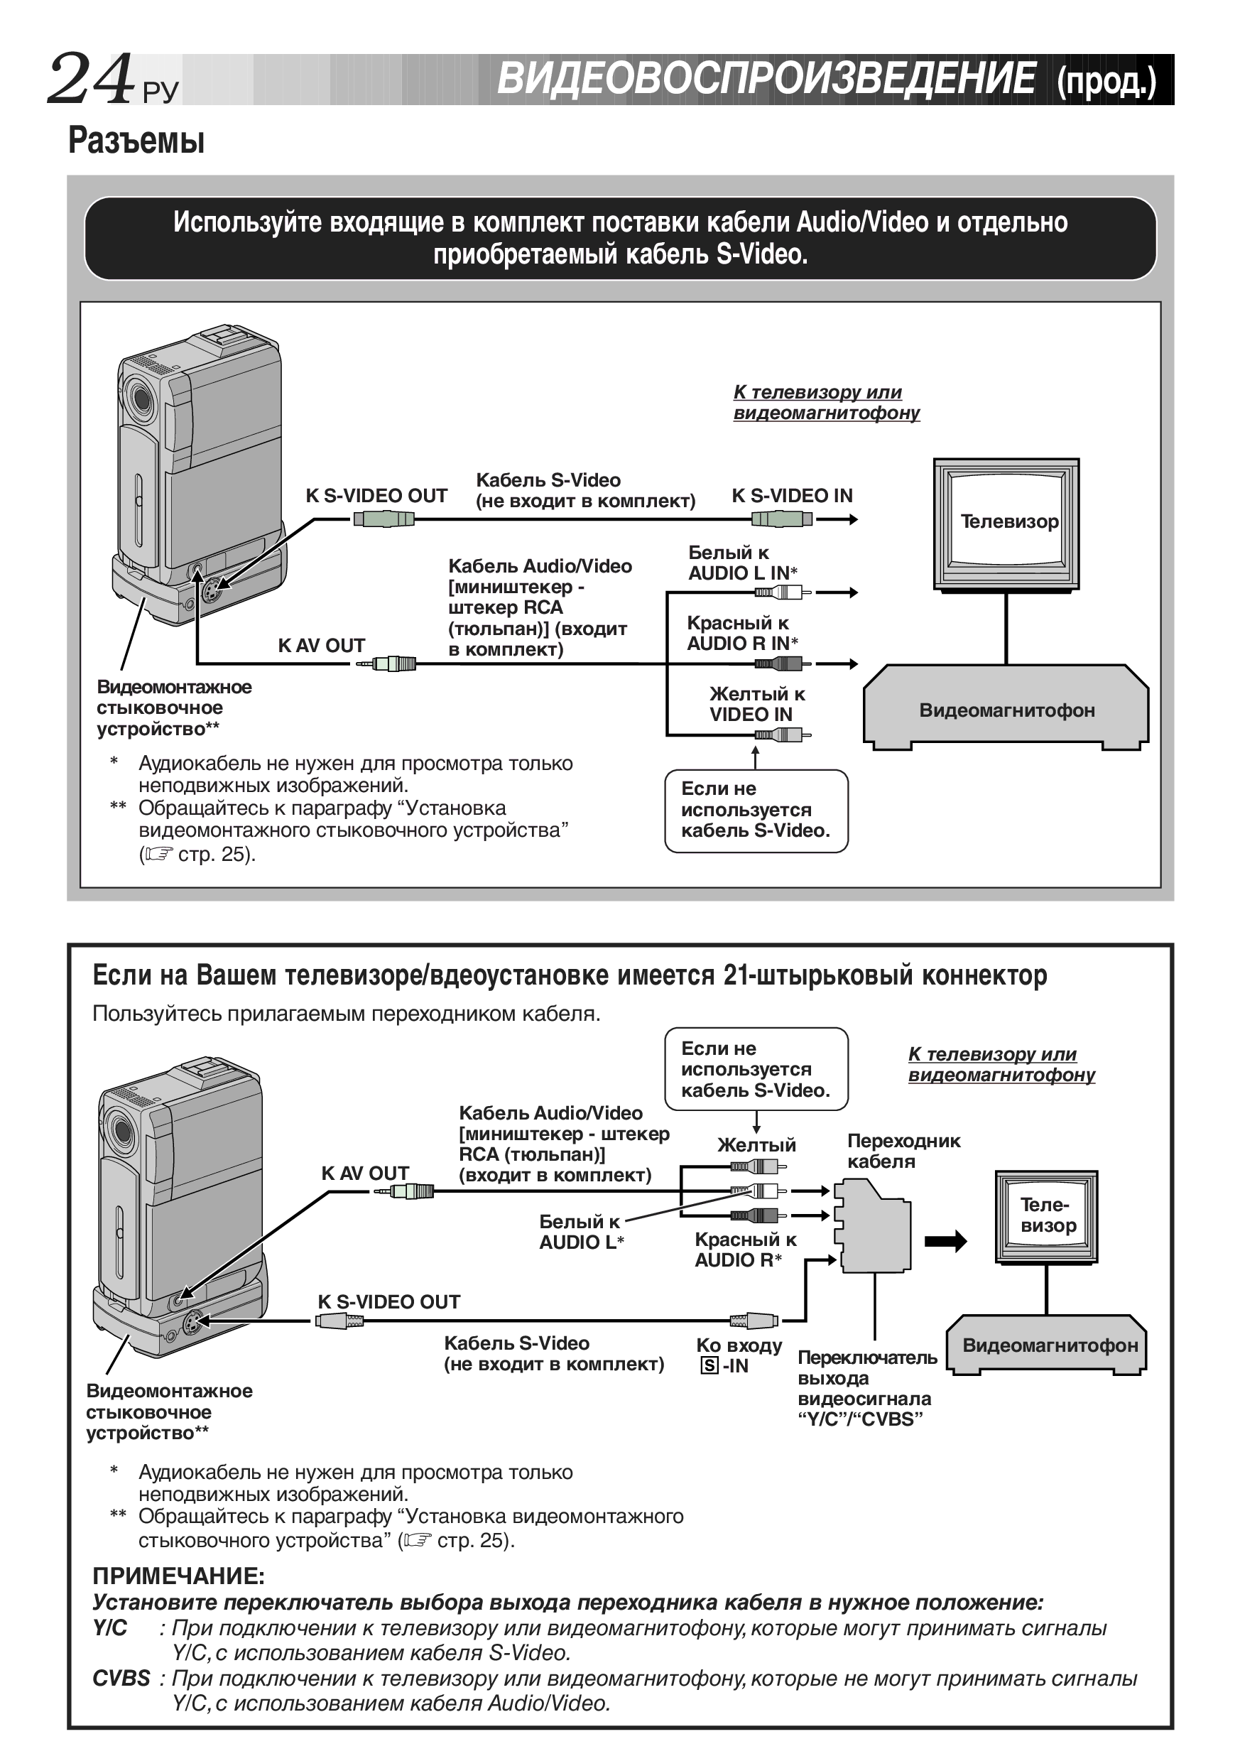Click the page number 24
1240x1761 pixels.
[90, 79]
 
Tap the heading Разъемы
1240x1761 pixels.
[136, 141]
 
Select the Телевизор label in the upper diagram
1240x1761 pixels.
[1008, 521]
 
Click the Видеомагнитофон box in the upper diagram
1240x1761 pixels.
[1006, 710]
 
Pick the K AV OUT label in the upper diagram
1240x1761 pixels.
[320, 645]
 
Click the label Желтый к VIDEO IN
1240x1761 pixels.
[756, 704]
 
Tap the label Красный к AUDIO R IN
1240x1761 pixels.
[741, 634]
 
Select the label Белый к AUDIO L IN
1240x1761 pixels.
[742, 563]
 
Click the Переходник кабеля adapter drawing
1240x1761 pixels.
[874, 1225]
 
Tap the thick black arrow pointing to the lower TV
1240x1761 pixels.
[945, 1241]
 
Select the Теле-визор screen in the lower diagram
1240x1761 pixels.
[1047, 1215]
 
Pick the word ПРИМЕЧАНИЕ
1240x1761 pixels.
[178, 1576]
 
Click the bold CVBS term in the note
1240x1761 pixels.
[121, 1678]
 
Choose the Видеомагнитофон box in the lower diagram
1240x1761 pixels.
[1049, 1345]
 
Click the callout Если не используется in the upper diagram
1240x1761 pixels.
[756, 810]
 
